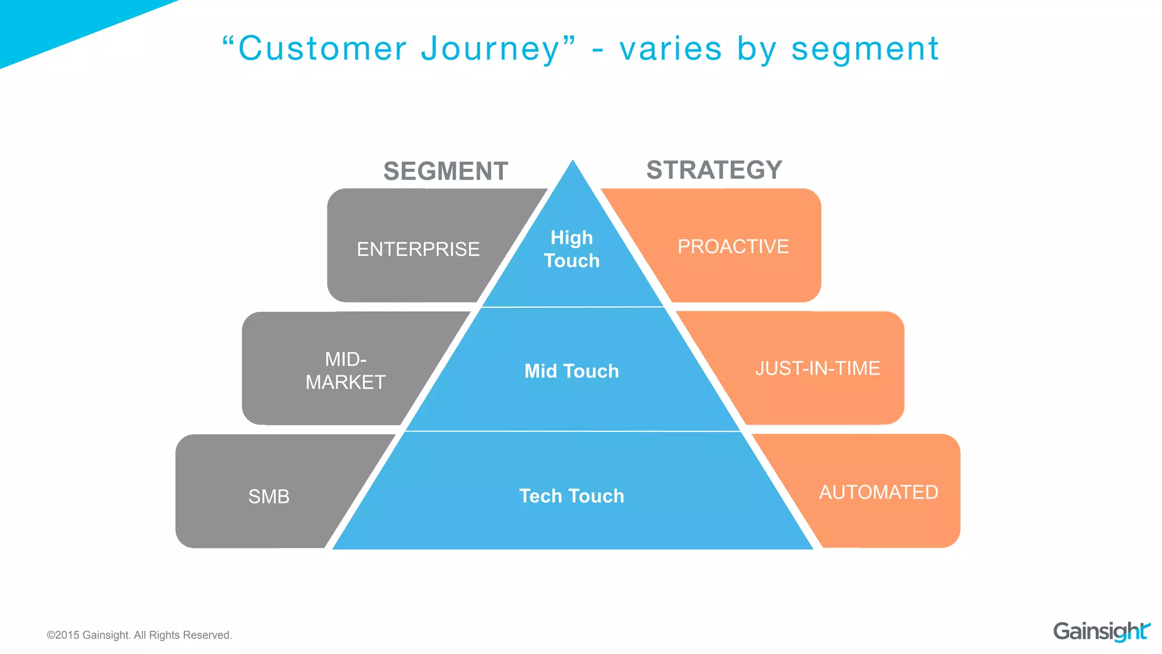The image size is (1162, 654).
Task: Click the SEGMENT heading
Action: [445, 171]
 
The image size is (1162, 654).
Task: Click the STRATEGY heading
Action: [714, 170]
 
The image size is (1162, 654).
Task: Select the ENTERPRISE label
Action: [418, 249]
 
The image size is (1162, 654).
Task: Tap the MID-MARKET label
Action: [346, 371]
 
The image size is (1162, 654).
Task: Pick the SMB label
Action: [269, 497]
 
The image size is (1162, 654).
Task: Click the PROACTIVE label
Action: [733, 246]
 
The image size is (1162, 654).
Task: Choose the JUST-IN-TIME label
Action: [817, 368]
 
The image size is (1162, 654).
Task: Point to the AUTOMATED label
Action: [878, 492]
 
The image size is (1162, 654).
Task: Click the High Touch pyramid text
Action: [572, 249]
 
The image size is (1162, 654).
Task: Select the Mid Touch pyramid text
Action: [572, 371]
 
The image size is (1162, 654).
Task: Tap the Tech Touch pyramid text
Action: [572, 496]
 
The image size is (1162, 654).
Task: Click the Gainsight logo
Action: [1101, 631]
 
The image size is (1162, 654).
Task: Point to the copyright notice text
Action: [139, 635]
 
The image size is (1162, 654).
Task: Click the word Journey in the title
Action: [491, 49]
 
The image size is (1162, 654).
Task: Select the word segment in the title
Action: [865, 49]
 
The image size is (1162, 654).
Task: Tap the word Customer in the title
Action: [322, 49]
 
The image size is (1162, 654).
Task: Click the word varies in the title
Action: [671, 49]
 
